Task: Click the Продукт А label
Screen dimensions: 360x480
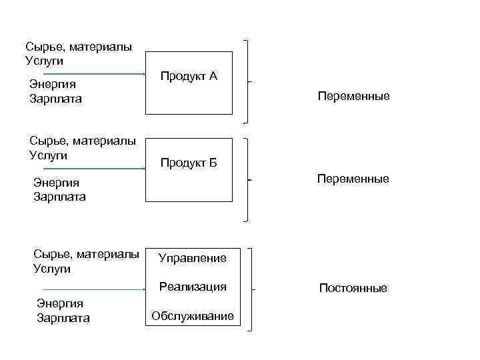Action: point(189,76)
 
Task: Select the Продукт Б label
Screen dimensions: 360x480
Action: point(189,163)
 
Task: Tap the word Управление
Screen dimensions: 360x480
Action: point(193,258)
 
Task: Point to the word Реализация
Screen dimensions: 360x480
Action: point(193,287)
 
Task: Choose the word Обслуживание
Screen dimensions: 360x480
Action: point(193,316)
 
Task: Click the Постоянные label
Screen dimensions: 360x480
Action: point(353,289)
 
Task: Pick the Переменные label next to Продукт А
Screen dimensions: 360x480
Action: point(354,97)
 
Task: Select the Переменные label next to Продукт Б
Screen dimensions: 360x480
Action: point(354,179)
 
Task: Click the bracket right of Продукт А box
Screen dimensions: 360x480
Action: point(249,81)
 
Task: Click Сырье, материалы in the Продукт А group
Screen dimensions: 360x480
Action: point(78,47)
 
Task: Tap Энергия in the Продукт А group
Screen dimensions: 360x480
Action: point(53,85)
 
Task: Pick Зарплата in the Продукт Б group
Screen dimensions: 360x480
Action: point(59,197)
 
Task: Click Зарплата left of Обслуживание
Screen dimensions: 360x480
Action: point(63,318)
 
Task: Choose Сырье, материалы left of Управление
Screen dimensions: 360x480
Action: point(86,255)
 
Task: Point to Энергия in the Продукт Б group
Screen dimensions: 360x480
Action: point(56,183)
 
